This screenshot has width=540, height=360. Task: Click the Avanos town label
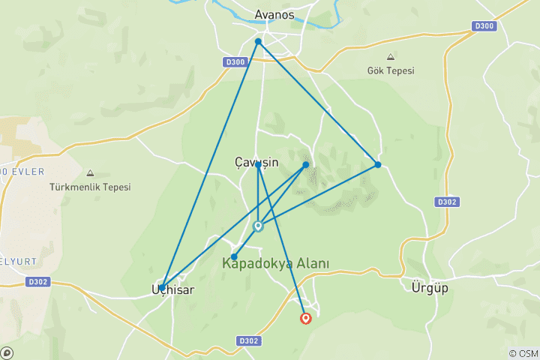pos(274,13)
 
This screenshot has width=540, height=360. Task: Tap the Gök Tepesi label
pos(391,71)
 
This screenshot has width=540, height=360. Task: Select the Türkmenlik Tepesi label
pos(90,187)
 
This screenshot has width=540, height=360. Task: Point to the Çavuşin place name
pos(256,161)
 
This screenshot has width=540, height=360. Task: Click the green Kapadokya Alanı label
pos(274,264)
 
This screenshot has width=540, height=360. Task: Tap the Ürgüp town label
pos(430,288)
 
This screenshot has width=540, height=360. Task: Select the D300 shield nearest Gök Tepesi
pos(483,26)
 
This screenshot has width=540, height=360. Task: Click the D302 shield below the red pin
pos(249,340)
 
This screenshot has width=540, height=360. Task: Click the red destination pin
pos(306,318)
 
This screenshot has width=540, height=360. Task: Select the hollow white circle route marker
pos(258,226)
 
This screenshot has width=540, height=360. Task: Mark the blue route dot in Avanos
pos(258,41)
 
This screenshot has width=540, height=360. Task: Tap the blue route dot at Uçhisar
pos(162,287)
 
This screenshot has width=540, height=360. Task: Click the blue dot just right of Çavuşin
pos(306,164)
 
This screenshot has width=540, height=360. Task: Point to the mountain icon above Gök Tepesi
pos(390,57)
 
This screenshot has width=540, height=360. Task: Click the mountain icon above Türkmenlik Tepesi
pos(90,172)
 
